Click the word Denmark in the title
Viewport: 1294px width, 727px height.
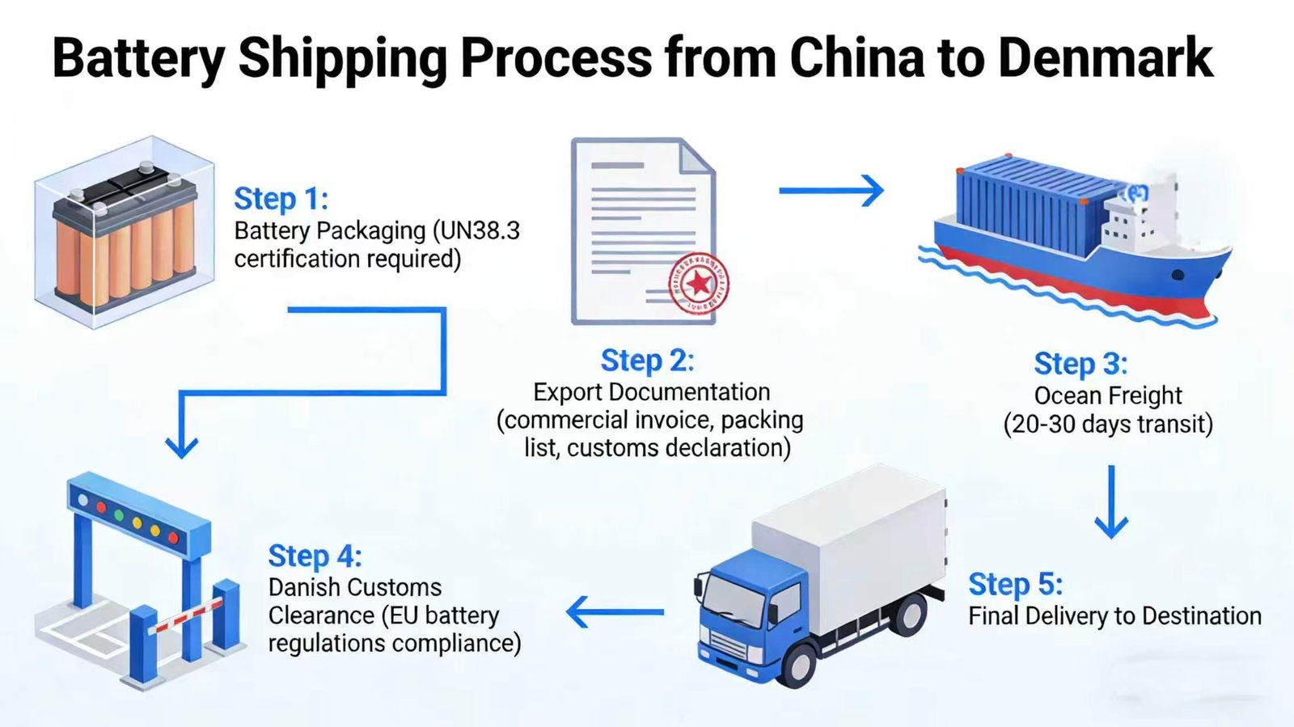(1105, 58)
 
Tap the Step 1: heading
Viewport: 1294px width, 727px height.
(281, 199)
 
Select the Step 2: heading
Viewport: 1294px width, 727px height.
(647, 361)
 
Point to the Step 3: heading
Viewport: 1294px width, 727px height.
(1080, 364)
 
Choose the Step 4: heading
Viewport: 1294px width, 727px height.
(315, 556)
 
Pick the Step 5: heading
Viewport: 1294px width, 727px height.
(1015, 584)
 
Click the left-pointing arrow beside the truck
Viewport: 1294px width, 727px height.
(615, 612)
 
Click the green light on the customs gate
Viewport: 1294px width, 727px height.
(119, 514)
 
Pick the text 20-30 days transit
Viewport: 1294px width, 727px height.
(1108, 425)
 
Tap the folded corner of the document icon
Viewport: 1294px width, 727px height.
(696, 155)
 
